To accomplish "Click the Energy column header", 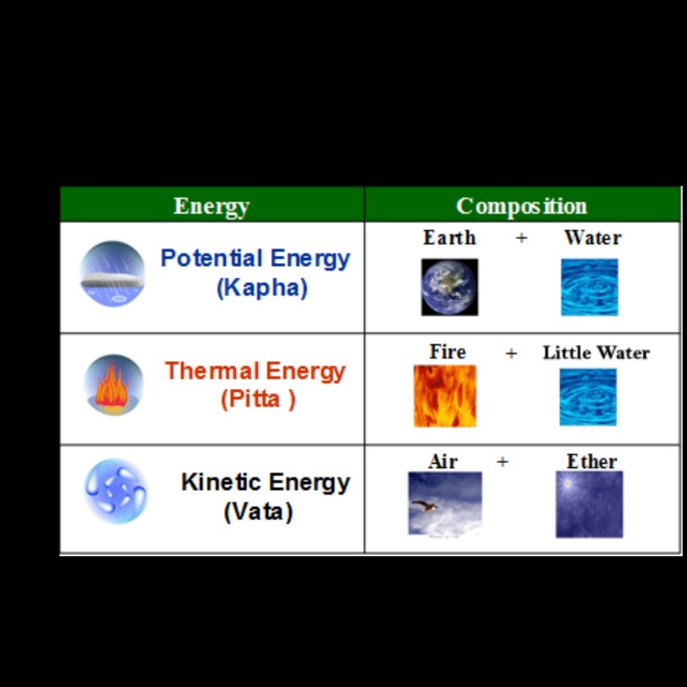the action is click(212, 206).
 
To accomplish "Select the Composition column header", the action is click(522, 206).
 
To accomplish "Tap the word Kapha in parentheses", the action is click(262, 287).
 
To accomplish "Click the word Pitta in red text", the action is click(253, 399).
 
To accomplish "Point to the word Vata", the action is click(258, 511).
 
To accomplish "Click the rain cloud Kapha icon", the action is click(112, 274).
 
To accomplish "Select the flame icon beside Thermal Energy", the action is click(113, 385).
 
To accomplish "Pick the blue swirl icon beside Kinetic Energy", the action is click(115, 491).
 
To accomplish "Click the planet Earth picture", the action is click(450, 287).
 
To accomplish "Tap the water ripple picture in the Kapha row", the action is click(589, 287).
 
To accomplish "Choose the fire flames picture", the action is click(445, 395).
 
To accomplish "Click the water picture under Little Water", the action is click(588, 397).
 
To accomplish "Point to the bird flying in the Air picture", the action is click(425, 506).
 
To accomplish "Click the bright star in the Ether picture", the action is click(568, 483).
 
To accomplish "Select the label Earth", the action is click(450, 237).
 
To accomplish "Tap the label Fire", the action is click(447, 352).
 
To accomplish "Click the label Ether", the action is click(591, 461).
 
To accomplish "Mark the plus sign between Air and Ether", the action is click(503, 461).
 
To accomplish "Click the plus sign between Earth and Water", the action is click(522, 237).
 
